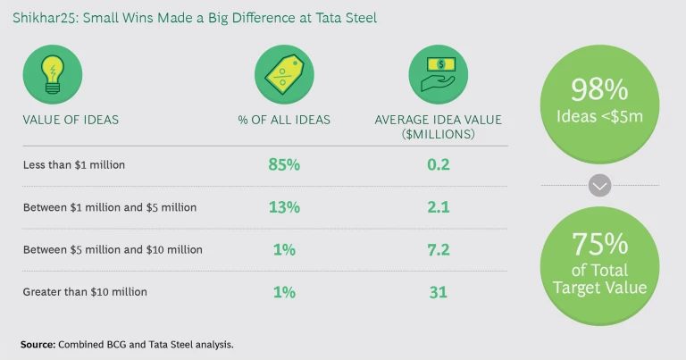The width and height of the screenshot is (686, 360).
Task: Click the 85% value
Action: [283, 164]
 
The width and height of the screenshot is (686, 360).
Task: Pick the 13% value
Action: [283, 207]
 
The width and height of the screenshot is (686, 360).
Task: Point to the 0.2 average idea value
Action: [439, 164]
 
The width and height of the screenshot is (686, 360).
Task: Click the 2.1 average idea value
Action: [439, 207]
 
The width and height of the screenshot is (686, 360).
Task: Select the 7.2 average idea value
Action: [439, 249]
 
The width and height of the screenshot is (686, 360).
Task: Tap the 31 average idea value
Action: [439, 291]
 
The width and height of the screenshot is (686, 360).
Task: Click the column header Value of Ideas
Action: [71, 120]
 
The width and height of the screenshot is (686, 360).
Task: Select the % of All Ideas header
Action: [284, 120]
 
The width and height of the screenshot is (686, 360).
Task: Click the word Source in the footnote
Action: [38, 344]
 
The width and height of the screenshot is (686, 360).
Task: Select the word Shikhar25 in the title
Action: [41, 17]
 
